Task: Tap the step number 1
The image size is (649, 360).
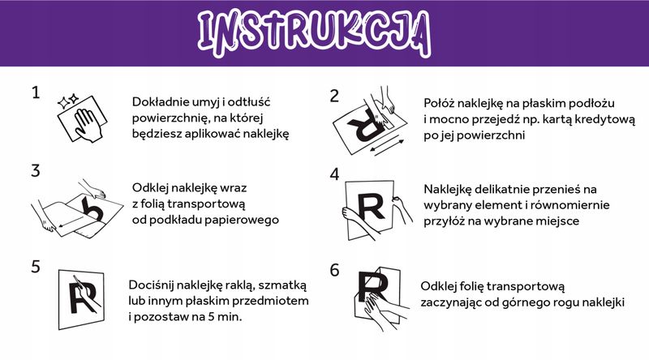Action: pos(35,93)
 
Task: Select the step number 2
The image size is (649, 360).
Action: pos(333,95)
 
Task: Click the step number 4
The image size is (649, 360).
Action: pos(333,174)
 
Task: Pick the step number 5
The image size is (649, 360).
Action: pos(35,266)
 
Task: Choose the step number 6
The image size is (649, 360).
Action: pos(333,270)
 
